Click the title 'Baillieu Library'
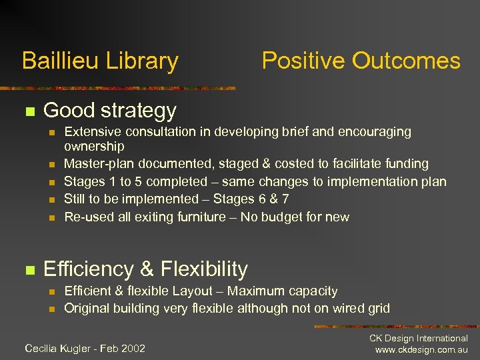pyautogui.click(x=100, y=61)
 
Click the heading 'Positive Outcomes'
pyautogui.click(x=361, y=61)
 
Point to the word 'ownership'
pyautogui.click(x=94, y=146)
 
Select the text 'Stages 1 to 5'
pyautogui.click(x=102, y=181)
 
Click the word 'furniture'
pyautogui.click(x=199, y=217)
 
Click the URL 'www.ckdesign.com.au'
pyautogui.click(x=421, y=350)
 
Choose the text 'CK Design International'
pyautogui.click(x=419, y=339)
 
